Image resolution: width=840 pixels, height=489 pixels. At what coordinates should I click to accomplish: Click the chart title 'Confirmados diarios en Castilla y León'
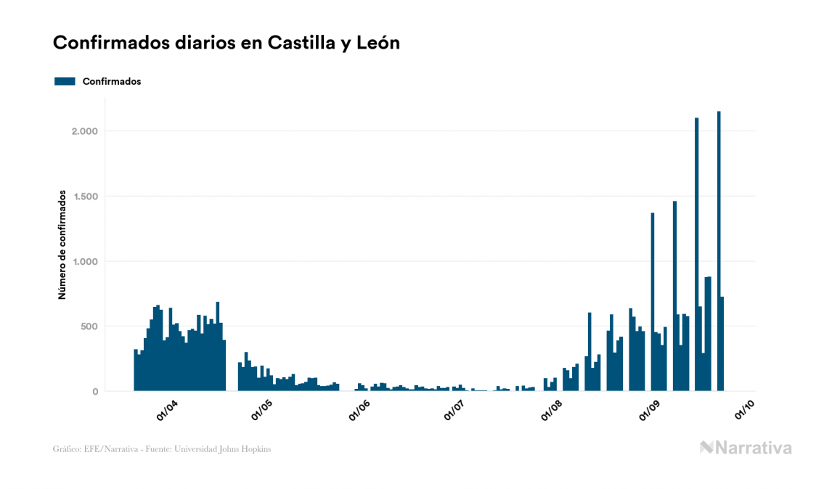pyautogui.click(x=227, y=44)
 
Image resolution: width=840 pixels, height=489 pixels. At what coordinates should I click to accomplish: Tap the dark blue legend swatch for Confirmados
pyautogui.click(x=65, y=81)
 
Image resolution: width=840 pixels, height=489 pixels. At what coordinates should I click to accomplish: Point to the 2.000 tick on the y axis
pyautogui.click(x=84, y=131)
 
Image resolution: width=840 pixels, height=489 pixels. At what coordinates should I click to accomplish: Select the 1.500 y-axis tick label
pyautogui.click(x=84, y=197)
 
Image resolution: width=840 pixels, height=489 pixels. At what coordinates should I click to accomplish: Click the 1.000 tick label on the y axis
pyautogui.click(x=84, y=262)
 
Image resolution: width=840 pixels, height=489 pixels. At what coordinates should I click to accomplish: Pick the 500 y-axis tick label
pyautogui.click(x=89, y=326)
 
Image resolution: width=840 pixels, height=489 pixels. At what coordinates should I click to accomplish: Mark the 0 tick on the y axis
pyautogui.click(x=94, y=392)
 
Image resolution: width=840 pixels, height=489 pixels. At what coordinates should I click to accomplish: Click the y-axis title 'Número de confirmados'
pyautogui.click(x=62, y=245)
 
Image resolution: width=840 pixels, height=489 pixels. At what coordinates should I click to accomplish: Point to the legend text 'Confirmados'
pyautogui.click(x=112, y=81)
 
